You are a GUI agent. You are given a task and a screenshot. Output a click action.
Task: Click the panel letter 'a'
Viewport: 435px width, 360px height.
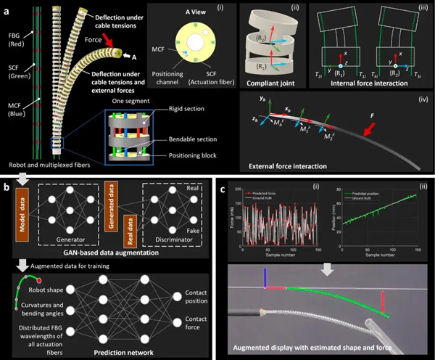click(x=6, y=7)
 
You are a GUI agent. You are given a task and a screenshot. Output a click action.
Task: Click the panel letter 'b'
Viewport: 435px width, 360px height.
click(x=7, y=188)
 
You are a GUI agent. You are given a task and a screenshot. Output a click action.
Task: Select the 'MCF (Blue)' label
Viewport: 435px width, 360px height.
click(x=12, y=135)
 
